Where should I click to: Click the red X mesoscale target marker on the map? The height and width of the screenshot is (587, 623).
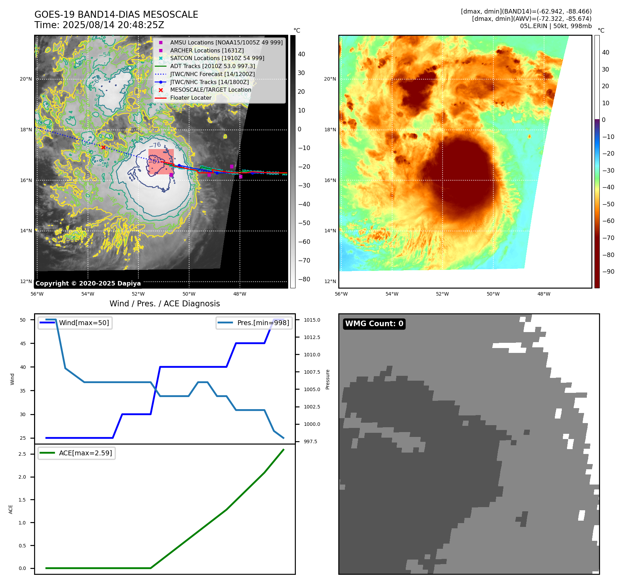(x=103, y=148)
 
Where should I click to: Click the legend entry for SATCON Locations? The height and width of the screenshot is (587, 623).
(x=217, y=58)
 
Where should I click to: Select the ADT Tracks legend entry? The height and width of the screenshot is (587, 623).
(x=212, y=66)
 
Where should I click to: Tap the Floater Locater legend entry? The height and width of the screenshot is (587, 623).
(x=191, y=98)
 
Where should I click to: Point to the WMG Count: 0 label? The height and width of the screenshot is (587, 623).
(x=374, y=324)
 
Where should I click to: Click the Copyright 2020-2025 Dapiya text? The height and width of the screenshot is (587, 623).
(x=88, y=283)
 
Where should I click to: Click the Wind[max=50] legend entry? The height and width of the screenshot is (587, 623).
(x=84, y=323)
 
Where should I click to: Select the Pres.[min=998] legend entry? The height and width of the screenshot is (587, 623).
(x=263, y=323)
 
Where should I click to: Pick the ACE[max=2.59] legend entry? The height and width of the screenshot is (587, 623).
(x=85, y=453)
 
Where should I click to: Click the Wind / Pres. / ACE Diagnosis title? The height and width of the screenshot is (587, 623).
(x=165, y=304)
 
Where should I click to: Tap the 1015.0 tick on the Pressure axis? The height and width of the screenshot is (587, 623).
(x=312, y=320)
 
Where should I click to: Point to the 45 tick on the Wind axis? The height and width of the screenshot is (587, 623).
(x=23, y=344)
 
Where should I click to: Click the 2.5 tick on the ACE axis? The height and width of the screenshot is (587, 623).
(x=22, y=454)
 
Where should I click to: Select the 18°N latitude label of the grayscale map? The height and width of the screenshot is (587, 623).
(x=26, y=130)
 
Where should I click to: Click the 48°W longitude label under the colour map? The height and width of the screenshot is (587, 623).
(x=544, y=294)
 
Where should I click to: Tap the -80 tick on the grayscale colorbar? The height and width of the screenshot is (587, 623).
(x=304, y=279)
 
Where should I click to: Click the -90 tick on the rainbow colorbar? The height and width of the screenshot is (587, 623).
(x=608, y=272)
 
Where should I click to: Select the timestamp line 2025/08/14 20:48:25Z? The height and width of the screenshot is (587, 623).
(x=99, y=25)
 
